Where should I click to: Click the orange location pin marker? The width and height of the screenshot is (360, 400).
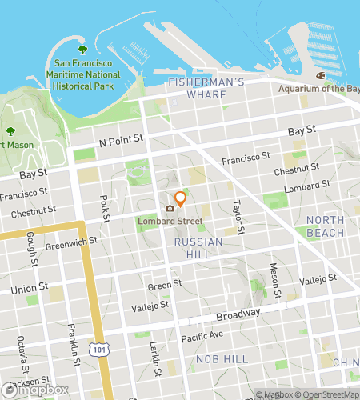[181, 198]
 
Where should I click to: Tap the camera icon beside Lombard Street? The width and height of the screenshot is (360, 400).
[170, 209]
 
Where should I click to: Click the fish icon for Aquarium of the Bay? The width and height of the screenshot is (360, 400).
[319, 75]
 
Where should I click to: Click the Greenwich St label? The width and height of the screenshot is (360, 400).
[71, 240]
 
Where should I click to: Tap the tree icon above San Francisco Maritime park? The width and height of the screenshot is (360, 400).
[80, 49]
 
